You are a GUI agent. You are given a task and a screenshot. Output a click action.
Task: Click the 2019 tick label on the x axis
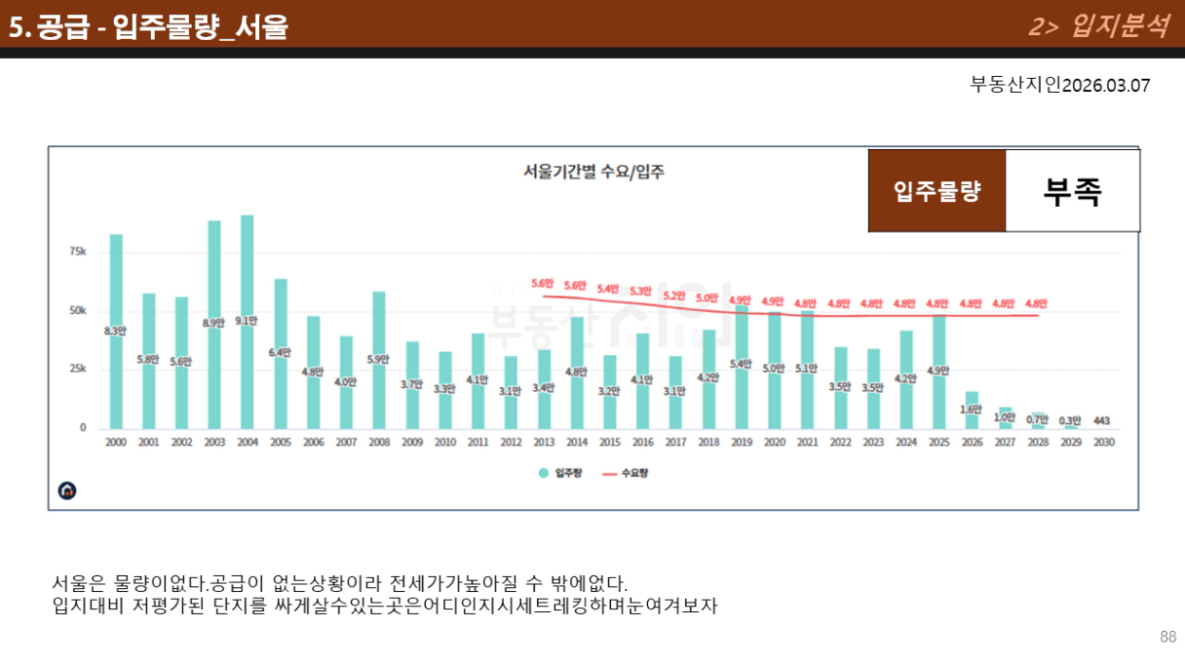(x=742, y=443)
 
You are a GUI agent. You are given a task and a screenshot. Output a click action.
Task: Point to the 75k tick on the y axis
(x=77, y=252)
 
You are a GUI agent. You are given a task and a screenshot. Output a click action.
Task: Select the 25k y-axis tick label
(x=77, y=370)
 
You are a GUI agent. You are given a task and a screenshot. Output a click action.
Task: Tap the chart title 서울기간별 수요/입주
(x=593, y=173)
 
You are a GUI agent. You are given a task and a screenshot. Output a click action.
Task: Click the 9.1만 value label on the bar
(x=248, y=321)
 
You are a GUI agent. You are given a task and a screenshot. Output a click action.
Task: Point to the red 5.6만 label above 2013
(x=543, y=284)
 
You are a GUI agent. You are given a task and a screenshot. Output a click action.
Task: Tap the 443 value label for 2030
(x=1103, y=421)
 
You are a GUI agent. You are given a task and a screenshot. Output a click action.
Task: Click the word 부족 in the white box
(x=1072, y=191)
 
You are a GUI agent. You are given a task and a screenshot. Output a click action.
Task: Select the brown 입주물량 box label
(x=937, y=191)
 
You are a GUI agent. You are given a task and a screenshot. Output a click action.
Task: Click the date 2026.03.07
(x=1106, y=86)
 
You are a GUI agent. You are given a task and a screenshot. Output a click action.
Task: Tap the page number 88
(x=1167, y=638)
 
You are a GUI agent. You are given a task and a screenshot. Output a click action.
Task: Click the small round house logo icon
(x=67, y=490)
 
